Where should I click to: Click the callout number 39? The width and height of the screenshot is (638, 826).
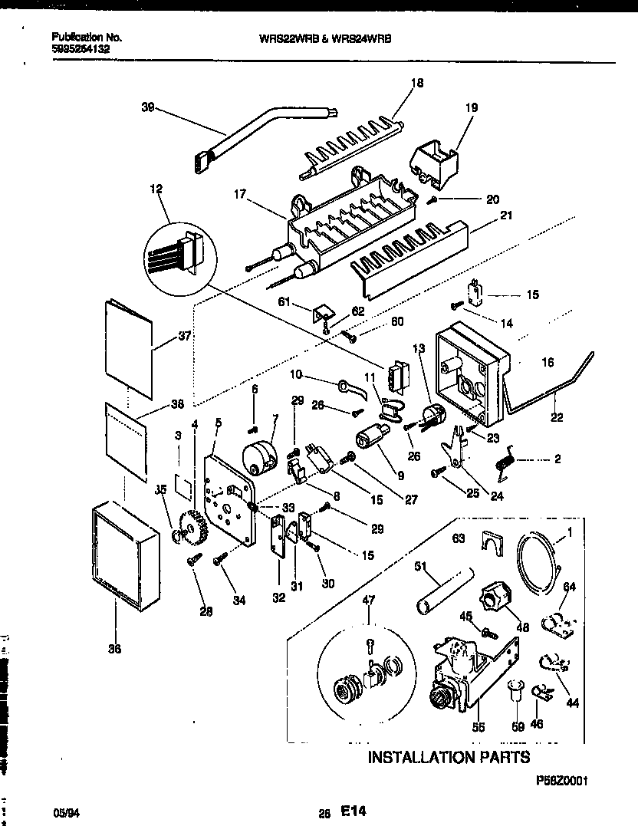[x=147, y=109]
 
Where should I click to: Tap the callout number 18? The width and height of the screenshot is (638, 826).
[x=417, y=83]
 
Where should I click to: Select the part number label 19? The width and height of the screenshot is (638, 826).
[x=472, y=108]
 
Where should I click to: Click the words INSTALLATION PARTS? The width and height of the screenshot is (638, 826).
[x=449, y=758]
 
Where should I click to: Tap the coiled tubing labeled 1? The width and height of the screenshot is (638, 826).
[x=542, y=564]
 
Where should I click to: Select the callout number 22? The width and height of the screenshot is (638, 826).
[x=556, y=417]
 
